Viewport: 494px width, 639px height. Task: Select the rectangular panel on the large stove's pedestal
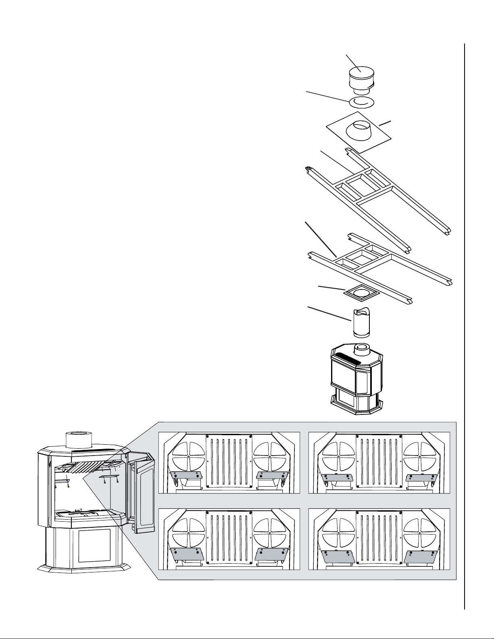coord(94,545)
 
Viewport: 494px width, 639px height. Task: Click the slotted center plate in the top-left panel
coord(229,462)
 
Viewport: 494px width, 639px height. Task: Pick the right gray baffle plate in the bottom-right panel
coord(419,556)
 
